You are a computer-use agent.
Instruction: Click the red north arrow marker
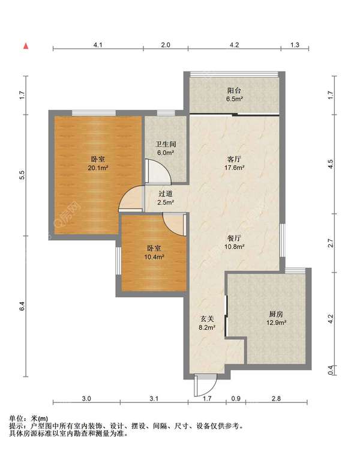tap(26, 46)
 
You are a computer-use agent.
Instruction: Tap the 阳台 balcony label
tap(234, 91)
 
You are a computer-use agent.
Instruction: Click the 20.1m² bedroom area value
tap(98, 168)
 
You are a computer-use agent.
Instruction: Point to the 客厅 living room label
tap(234, 159)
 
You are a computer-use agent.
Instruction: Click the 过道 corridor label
tap(166, 194)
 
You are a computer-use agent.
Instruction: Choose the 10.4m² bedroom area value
tap(154, 257)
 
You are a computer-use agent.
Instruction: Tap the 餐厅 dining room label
tap(234, 238)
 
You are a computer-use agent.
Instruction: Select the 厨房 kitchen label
tap(276, 314)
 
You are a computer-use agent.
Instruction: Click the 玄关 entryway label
tap(207, 319)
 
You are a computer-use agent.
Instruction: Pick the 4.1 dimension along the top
tap(98, 45)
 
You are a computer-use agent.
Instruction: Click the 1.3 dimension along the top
tap(295, 45)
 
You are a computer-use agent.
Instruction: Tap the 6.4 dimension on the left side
tap(22, 306)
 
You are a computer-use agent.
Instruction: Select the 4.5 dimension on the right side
tap(331, 164)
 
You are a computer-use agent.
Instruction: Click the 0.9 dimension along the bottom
tap(236, 399)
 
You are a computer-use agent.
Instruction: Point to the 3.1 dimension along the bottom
tap(154, 399)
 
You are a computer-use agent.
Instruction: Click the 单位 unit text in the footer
tap(16, 419)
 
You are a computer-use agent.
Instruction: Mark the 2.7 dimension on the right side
tap(331, 243)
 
